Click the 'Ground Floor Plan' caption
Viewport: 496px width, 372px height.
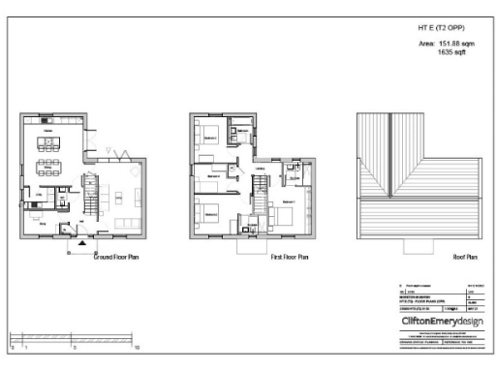117,259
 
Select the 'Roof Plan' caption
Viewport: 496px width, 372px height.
465,259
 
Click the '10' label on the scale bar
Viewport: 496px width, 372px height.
138,346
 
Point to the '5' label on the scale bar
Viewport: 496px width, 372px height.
75,346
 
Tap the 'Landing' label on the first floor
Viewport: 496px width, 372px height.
260,167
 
